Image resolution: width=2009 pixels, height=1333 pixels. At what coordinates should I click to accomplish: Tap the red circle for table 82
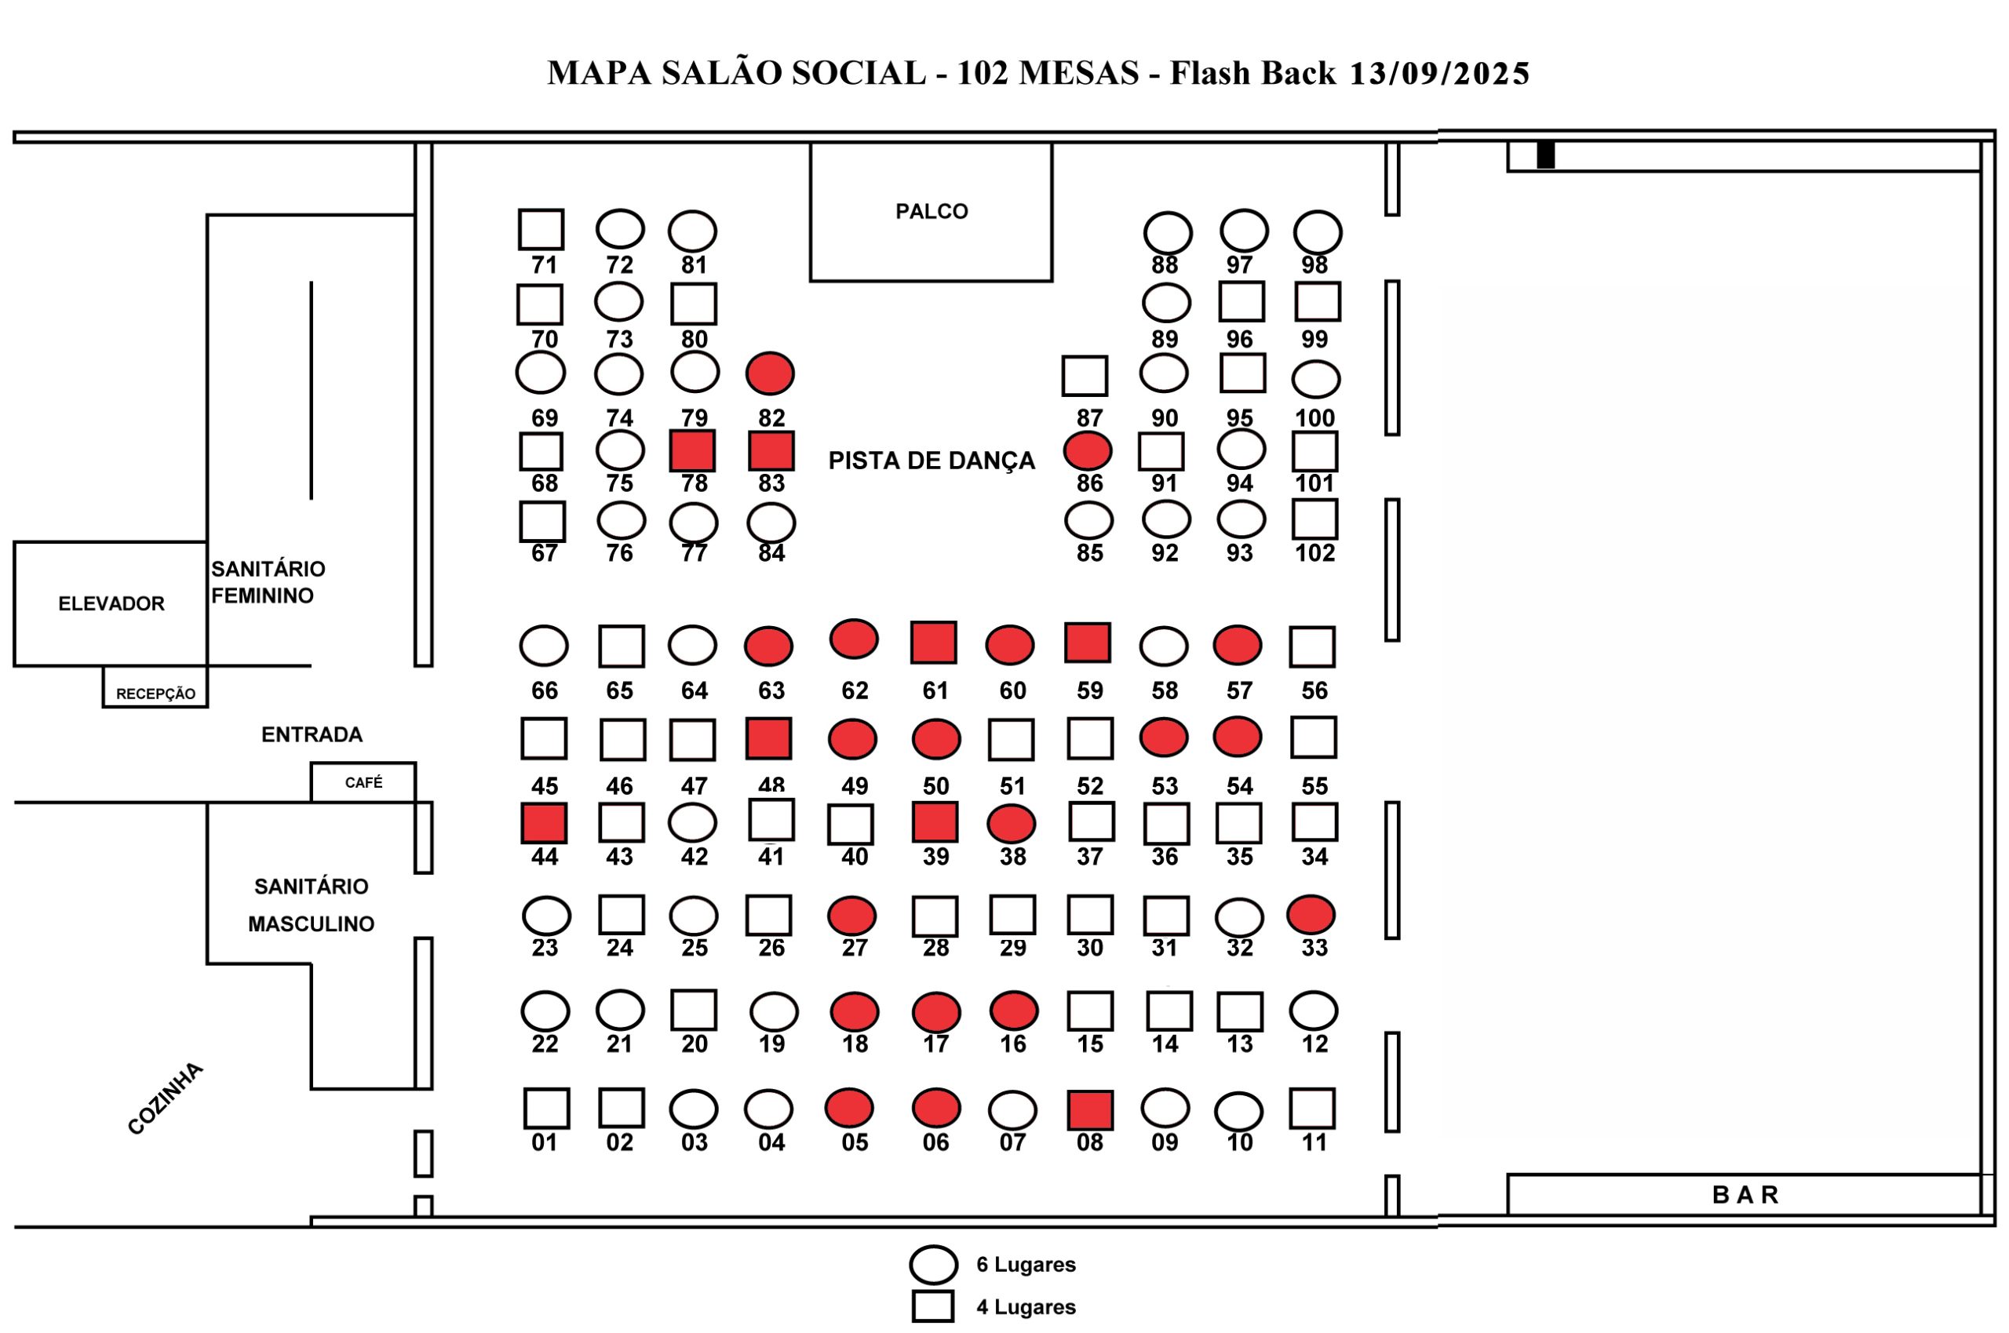coord(771,373)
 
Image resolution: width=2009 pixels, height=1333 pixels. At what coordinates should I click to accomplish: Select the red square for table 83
coord(771,450)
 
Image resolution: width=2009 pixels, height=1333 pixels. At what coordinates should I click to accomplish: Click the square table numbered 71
coord(541,230)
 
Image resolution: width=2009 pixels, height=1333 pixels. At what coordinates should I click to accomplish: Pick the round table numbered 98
coord(1318,232)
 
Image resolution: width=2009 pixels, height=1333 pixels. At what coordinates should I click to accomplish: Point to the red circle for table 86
coord(1088,450)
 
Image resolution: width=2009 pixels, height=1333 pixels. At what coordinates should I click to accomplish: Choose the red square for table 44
coord(544,824)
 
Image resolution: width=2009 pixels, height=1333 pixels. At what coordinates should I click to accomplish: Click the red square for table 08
coord(1090,1110)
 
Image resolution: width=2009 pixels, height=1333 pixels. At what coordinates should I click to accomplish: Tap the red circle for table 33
coord(1311,915)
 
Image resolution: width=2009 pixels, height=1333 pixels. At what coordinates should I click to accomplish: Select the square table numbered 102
coord(1315,519)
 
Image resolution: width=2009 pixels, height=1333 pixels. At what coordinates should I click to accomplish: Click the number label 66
coord(544,690)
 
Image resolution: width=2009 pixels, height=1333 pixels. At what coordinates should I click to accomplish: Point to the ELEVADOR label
coord(111,603)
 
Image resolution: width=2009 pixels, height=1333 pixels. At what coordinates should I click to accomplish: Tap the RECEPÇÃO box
coord(155,687)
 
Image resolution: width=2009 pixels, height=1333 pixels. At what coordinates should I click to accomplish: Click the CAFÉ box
coord(363,782)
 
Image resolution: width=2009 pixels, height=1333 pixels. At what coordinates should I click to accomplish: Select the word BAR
coord(1745,1194)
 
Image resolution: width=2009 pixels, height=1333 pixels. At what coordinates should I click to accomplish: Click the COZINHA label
coord(166,1098)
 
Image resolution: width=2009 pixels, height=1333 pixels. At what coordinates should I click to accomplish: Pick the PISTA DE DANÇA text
coord(932,461)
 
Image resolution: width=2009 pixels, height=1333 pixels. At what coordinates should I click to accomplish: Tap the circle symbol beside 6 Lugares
coord(935,1264)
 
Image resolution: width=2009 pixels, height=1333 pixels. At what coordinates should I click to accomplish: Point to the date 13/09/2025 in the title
coord(1439,74)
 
